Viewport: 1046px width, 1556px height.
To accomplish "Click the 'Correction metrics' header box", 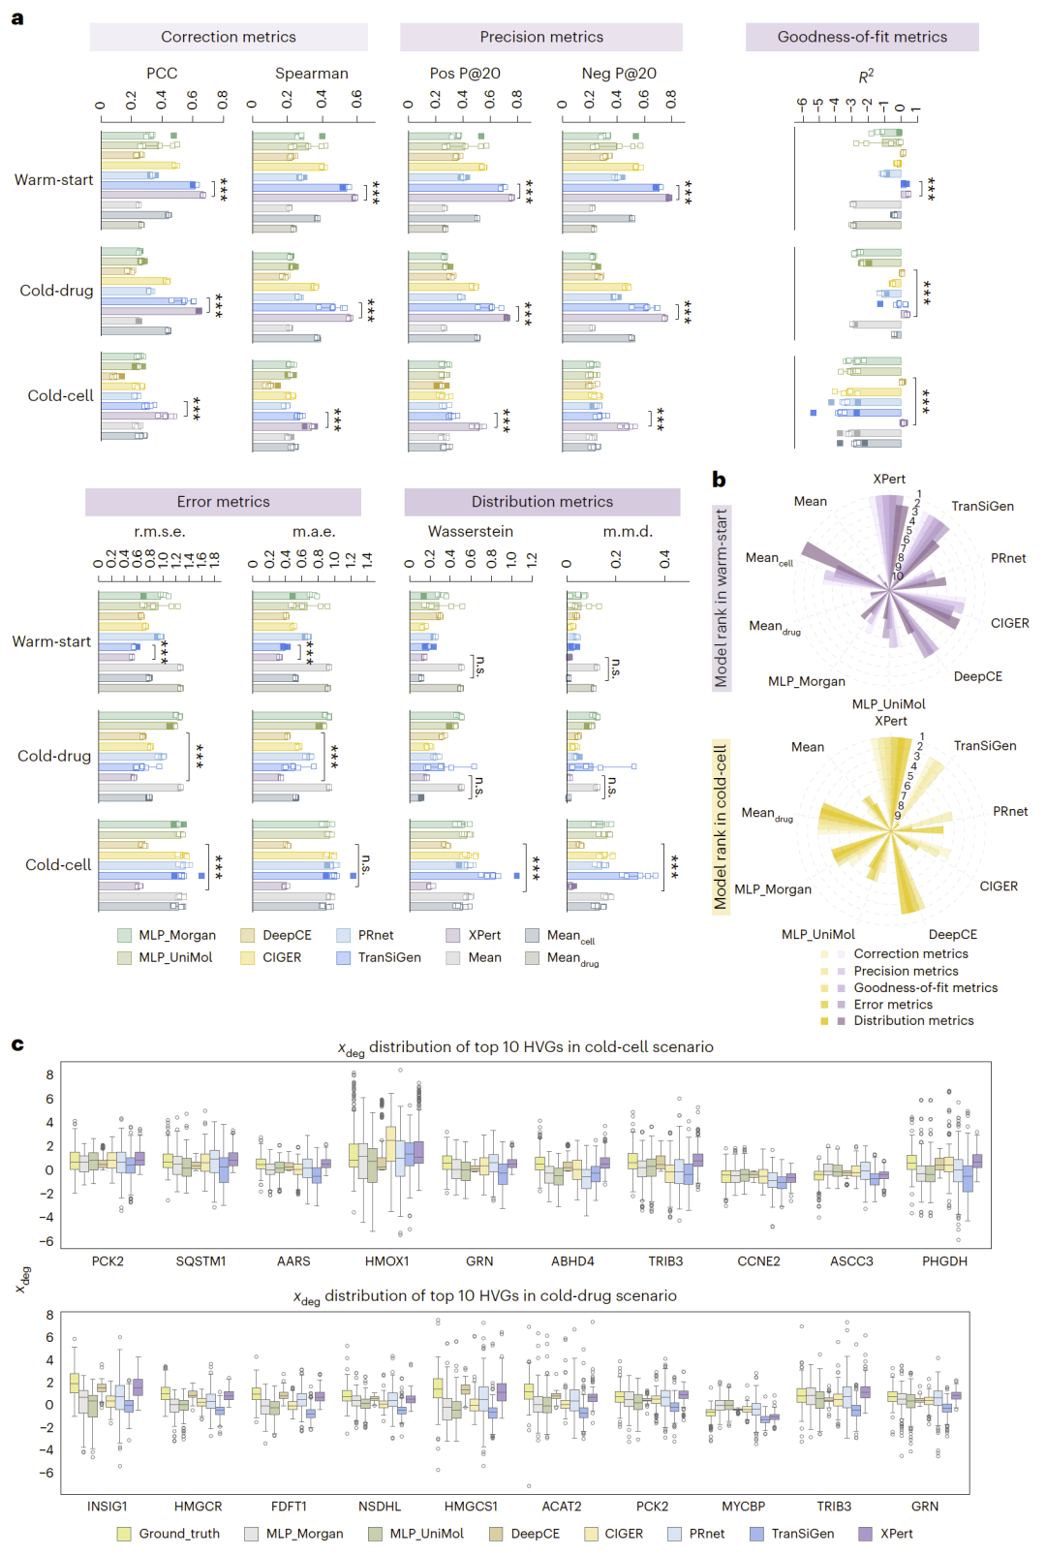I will tap(229, 37).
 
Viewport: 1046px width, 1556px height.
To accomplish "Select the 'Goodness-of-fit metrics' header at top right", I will tap(862, 37).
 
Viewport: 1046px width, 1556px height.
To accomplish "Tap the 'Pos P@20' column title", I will tap(465, 74).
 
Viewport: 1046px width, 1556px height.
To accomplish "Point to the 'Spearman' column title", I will tap(311, 74).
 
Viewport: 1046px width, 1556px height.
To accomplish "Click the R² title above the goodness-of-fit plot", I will tap(866, 76).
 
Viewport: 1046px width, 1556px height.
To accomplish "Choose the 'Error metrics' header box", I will tap(223, 502).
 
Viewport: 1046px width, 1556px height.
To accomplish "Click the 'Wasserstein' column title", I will tap(471, 532).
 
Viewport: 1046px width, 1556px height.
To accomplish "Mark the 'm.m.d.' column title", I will tap(628, 532).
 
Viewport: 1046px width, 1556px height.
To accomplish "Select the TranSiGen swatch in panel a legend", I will tap(344, 957).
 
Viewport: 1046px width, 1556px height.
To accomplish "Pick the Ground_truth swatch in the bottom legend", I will tap(124, 1534).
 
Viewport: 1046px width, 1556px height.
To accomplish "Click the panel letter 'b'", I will tap(719, 480).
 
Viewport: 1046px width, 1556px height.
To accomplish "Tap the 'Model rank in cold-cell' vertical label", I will tap(721, 826).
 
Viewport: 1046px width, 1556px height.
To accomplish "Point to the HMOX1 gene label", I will tap(386, 1261).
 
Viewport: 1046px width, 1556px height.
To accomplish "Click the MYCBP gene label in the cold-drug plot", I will tap(743, 1507).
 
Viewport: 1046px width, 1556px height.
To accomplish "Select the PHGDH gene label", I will tap(944, 1261).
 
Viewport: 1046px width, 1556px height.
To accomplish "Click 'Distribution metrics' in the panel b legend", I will tap(913, 1021).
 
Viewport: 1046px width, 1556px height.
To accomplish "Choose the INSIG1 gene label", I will tap(107, 1507).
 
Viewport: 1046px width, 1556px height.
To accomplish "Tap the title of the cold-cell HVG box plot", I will tap(525, 1047).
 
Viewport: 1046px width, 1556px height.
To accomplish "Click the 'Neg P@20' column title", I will tap(618, 74).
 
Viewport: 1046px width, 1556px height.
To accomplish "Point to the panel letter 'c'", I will tap(17, 1044).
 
